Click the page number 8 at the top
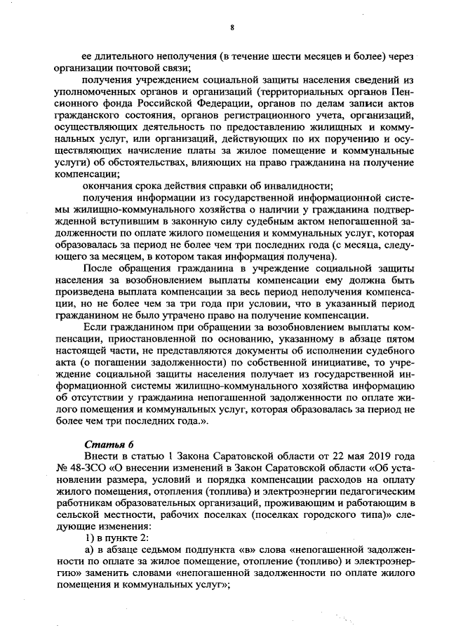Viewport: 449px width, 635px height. coord(231,27)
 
